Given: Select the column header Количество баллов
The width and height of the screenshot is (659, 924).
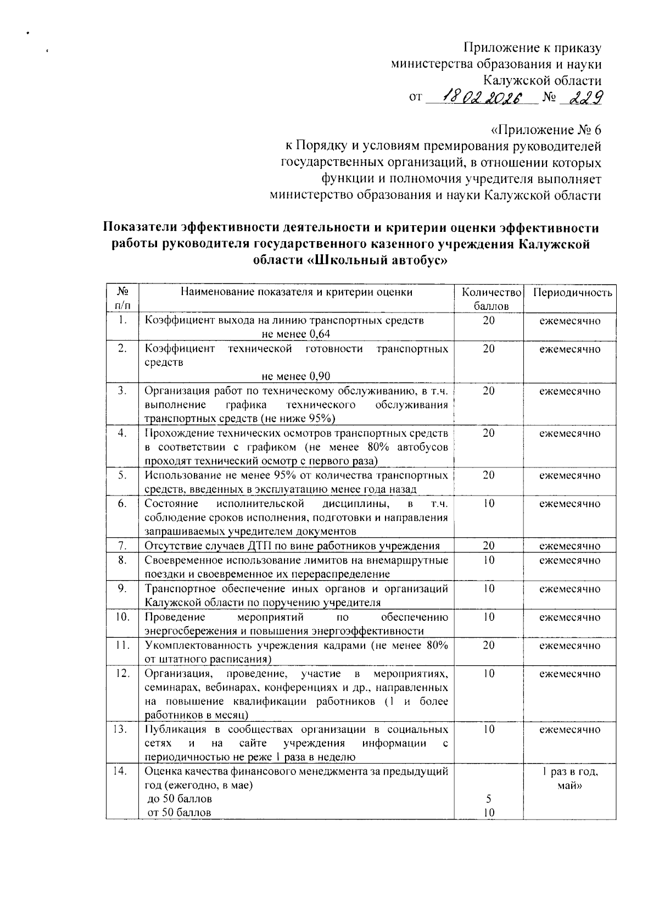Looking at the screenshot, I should click(488, 298).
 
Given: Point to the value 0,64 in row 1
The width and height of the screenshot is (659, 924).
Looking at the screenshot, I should click(319, 334).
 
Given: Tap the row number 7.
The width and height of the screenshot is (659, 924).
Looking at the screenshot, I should click(122, 546).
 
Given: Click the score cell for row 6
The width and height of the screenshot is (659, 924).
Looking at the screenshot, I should click(488, 504).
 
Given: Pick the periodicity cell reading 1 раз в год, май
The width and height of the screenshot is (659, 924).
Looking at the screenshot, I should click(569, 778).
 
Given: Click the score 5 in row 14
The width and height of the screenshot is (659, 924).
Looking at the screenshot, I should click(488, 798).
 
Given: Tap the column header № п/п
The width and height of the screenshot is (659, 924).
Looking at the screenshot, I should click(122, 298).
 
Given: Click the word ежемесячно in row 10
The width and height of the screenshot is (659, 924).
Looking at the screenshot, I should click(569, 617).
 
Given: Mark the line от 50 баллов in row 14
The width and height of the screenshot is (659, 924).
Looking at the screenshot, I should click(180, 812).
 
